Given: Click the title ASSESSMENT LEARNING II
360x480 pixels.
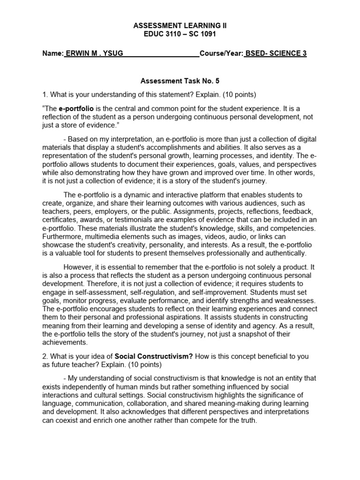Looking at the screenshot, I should [x=180, y=26].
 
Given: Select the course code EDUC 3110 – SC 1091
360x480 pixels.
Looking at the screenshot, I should [x=180, y=34].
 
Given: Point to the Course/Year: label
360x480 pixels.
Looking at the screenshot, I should [x=221, y=53].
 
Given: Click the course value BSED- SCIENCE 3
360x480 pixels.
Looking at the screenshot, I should [x=276, y=53].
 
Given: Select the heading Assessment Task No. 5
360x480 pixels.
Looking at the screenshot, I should [x=180, y=81].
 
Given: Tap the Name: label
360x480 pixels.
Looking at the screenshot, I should [x=52, y=53].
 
